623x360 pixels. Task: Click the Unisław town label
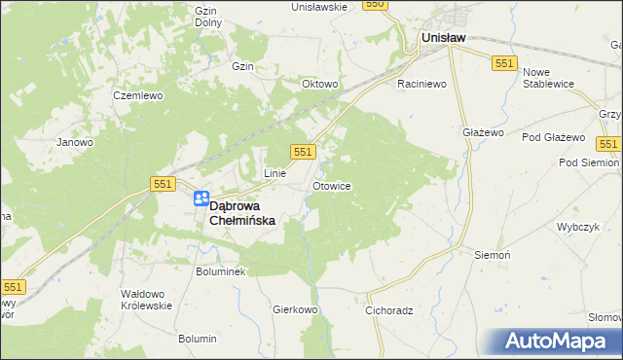(442, 37)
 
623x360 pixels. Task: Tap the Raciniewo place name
(421, 85)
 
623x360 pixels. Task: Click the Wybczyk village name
(576, 225)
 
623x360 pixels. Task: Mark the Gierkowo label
(296, 309)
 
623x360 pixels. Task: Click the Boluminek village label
(221, 271)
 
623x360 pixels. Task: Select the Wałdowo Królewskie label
(146, 299)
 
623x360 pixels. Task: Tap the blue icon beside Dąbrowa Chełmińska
(201, 198)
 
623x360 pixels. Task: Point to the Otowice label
(332, 185)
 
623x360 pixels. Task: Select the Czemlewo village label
(135, 96)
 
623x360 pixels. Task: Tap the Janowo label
(75, 142)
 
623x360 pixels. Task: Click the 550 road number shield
(376, 5)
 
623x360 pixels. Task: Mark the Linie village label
(275, 173)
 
